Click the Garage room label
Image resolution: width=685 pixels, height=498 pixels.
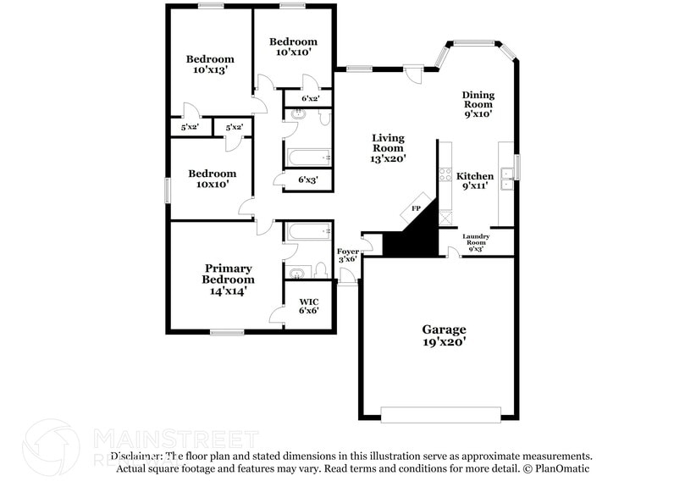click(x=445, y=329)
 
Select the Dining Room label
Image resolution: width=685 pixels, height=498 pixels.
click(x=478, y=104)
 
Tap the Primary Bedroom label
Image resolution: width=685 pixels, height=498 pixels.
click(x=227, y=279)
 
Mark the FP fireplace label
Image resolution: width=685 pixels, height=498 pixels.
click(x=416, y=207)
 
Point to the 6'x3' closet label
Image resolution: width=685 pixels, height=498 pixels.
click(x=307, y=180)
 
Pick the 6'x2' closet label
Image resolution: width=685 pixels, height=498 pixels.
click(x=311, y=98)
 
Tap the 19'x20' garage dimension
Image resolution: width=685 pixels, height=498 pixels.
click(x=445, y=342)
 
